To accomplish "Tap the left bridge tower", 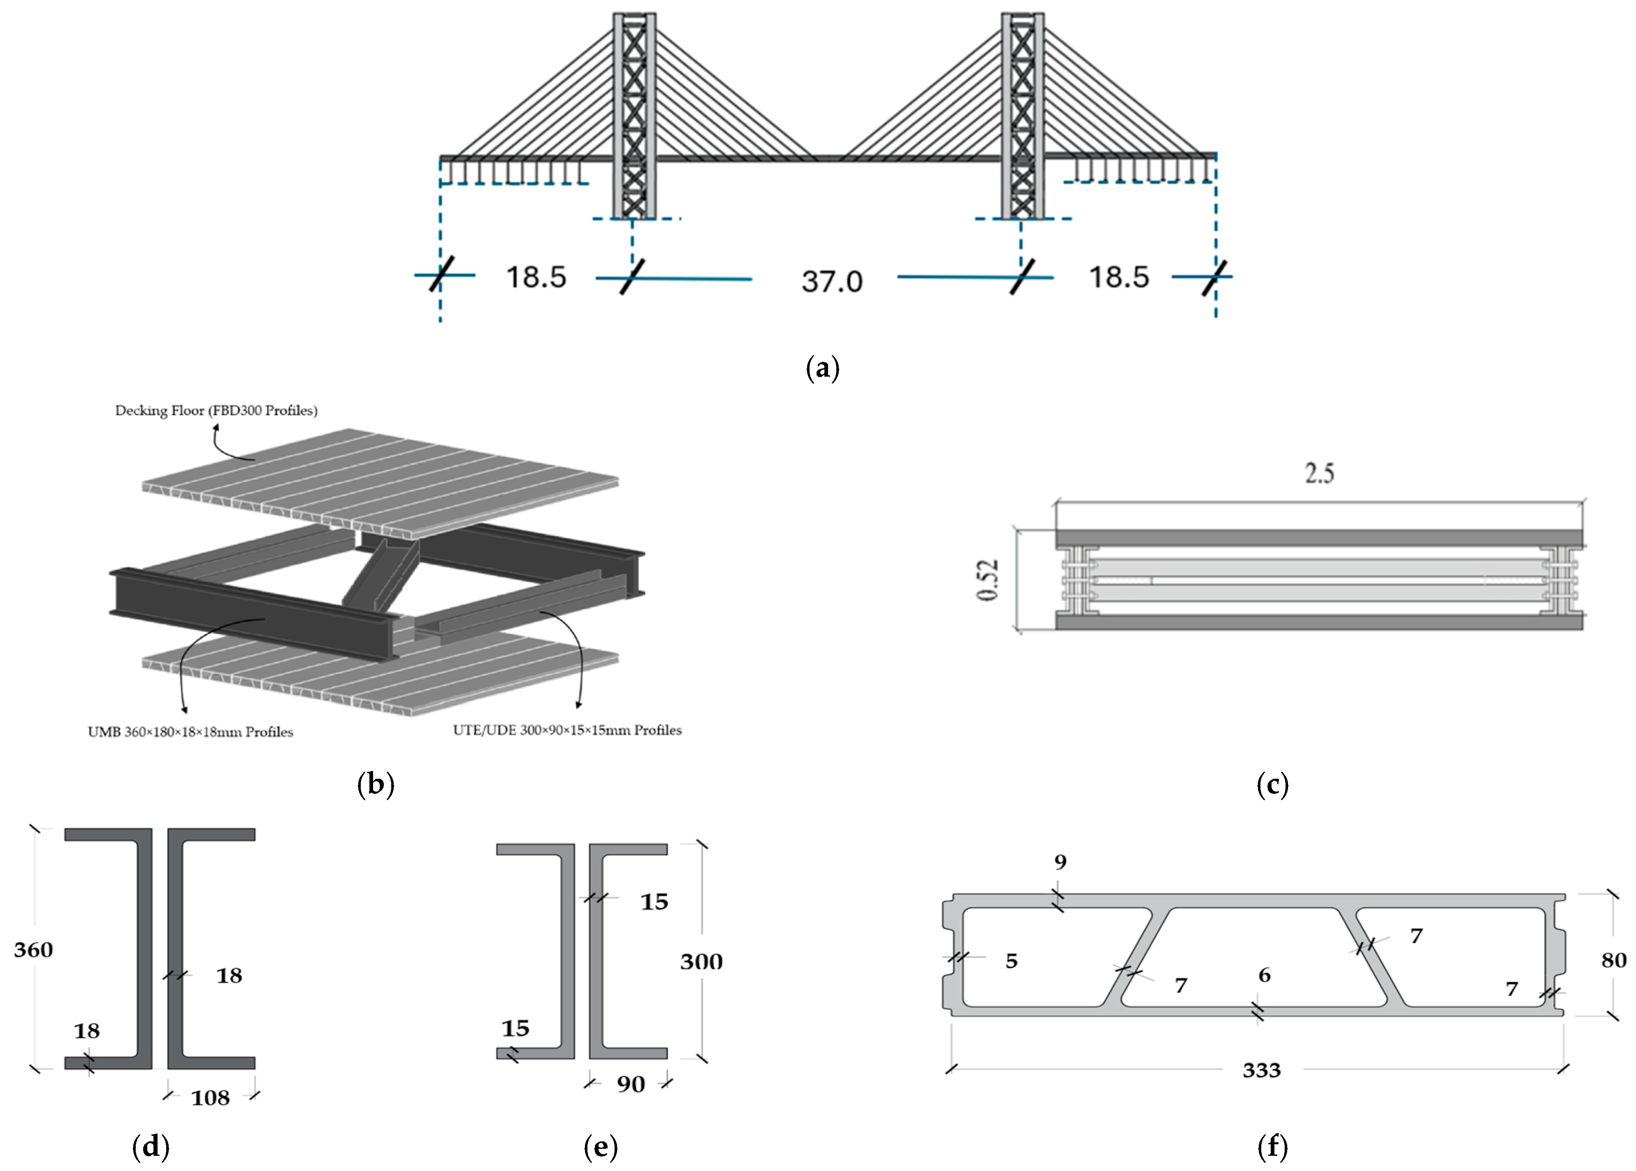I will pos(634,116).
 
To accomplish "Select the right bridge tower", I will pos(1022,116).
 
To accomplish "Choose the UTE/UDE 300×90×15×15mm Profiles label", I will pos(567,730).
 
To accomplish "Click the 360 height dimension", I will pos(33,950).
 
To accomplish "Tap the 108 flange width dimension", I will pos(210,1098).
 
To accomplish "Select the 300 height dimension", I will pos(701,961).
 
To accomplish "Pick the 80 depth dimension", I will pos(1614,960).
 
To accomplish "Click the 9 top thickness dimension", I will pos(1060,862).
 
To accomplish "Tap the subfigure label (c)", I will pos(1272,785).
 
